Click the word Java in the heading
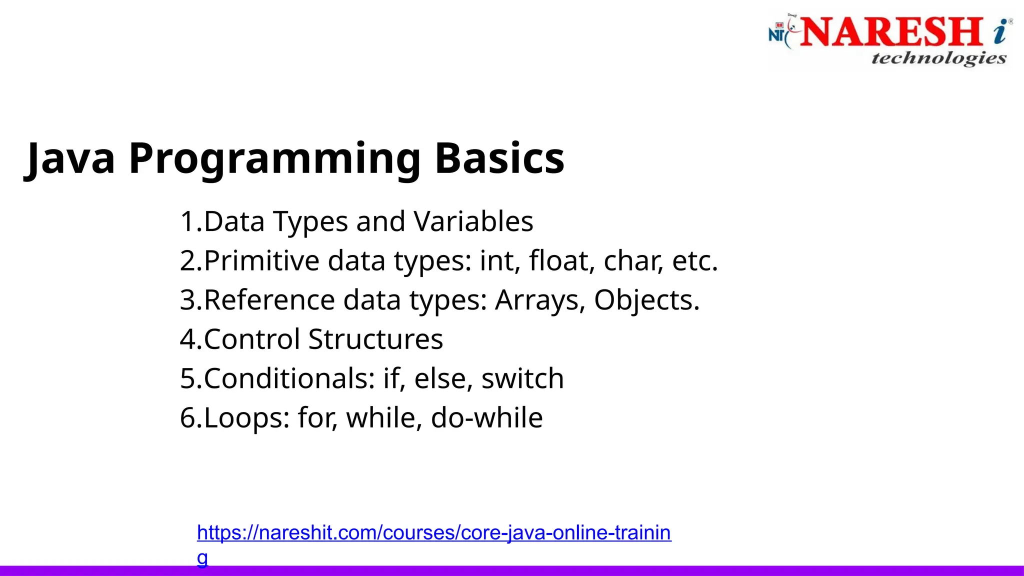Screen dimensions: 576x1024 (x=70, y=158)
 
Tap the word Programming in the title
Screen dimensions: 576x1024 (x=274, y=158)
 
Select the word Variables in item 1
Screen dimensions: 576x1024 (x=473, y=221)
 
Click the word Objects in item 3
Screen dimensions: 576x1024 (x=646, y=300)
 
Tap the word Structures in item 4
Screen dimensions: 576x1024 (x=375, y=339)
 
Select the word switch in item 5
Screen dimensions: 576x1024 (x=522, y=378)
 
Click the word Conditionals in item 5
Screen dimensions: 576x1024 (x=289, y=378)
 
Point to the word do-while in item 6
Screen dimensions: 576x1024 (x=486, y=417)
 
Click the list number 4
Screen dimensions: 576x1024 (x=187, y=339)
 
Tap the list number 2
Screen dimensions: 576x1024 (x=187, y=261)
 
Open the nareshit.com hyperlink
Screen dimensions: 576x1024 (x=433, y=533)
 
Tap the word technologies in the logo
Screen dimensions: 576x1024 (x=938, y=58)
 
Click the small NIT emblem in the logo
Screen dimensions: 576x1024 (x=777, y=32)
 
